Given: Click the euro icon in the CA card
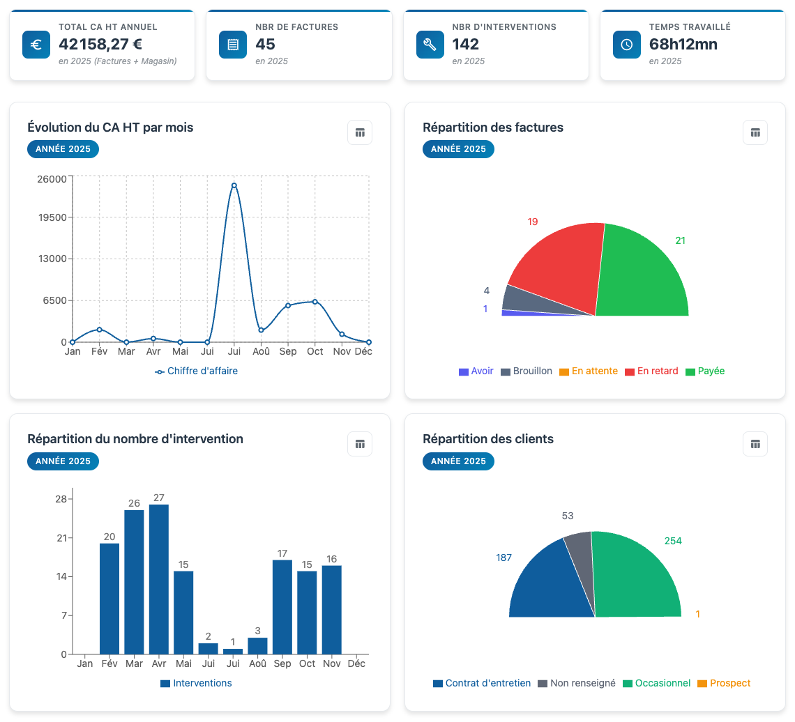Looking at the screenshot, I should pos(36,45).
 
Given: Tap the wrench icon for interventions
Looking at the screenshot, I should pos(430,45).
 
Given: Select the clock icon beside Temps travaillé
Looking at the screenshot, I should pos(626,45).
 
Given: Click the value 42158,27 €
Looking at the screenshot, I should pos(100,45).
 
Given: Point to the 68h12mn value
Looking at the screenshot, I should pos(683,45).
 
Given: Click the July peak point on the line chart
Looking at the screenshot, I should pos(234,185).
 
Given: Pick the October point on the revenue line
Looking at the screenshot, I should pos(315,302).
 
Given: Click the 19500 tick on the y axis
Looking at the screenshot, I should pos(53,217).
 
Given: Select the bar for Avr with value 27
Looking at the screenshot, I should pos(159,578).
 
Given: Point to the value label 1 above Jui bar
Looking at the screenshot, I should pos(233,642).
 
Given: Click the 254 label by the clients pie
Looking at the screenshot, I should pos(673,541).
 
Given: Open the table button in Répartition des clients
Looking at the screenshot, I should pos(755,444).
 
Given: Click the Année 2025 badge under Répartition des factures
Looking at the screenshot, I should pos(458,149).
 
